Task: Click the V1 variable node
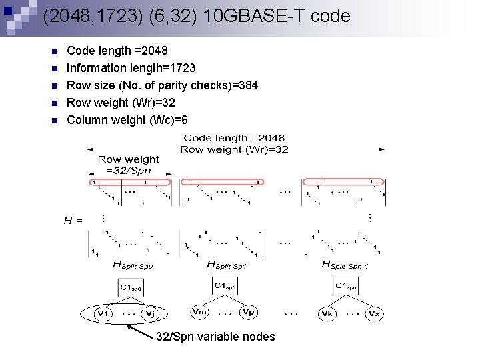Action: [103, 313]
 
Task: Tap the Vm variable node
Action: [199, 312]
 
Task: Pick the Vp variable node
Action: [248, 312]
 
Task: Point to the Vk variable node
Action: [327, 313]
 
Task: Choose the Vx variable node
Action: [375, 313]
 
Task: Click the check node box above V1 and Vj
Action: [131, 287]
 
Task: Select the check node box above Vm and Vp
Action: [225, 286]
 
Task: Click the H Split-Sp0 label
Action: [135, 265]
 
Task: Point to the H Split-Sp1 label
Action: [229, 265]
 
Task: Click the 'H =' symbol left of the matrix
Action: [73, 219]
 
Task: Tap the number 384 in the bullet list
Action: [248, 85]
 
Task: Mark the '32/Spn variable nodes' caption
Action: [215, 337]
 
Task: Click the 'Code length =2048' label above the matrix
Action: [234, 138]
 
